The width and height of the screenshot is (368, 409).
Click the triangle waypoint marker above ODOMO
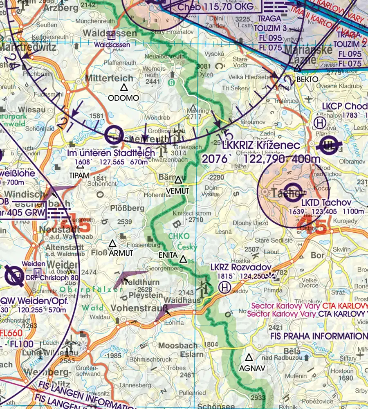(x=124, y=88)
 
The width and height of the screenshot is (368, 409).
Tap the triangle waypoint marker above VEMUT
(x=178, y=180)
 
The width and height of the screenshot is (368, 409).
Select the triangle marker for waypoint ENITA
(x=183, y=259)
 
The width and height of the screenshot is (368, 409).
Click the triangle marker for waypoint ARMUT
(x=112, y=244)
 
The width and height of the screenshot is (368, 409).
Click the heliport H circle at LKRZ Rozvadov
(x=224, y=288)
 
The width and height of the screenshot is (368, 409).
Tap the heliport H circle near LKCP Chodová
(x=319, y=122)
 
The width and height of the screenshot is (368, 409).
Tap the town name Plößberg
(x=127, y=208)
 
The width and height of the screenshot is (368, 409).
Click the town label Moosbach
(x=177, y=346)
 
